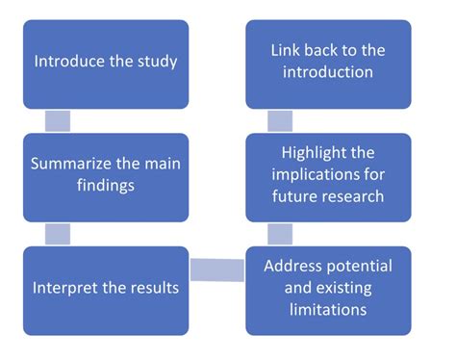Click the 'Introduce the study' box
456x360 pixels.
[x=106, y=62]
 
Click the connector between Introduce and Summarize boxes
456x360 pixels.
[x=58, y=120]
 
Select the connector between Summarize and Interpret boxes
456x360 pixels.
[x=58, y=234]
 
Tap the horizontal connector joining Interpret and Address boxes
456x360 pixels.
[x=217, y=270]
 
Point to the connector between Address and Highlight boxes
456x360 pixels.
[x=280, y=234]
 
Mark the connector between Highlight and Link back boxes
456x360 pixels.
[x=280, y=120]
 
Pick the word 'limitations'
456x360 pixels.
[x=329, y=311]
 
